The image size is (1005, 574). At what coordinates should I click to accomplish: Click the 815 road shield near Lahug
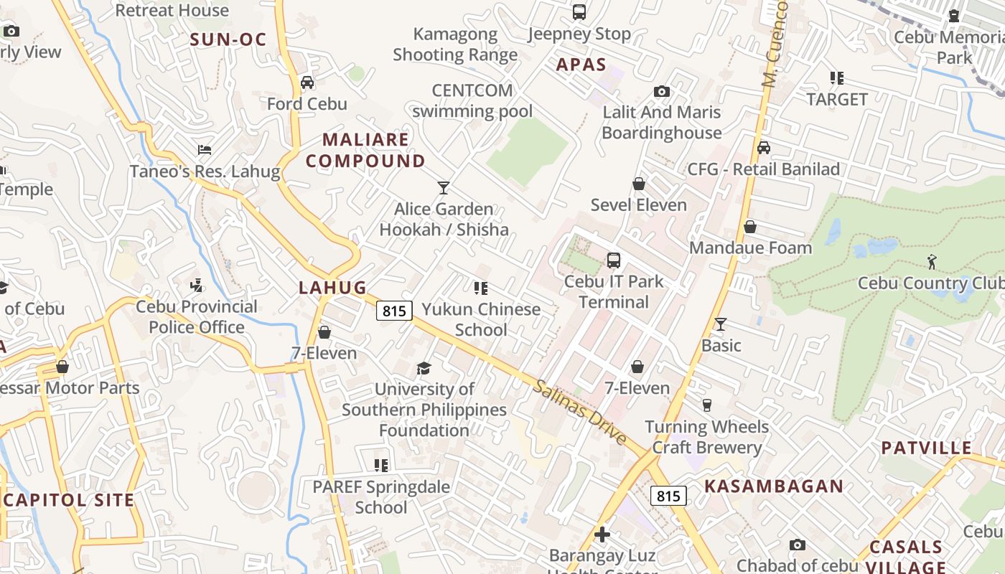point(394,311)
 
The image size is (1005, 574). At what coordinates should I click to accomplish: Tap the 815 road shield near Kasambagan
point(668,496)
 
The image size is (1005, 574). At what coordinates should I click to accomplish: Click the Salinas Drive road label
point(580,413)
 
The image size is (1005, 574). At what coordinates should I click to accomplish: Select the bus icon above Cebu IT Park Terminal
point(613,260)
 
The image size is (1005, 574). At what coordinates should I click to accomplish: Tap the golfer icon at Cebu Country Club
point(932,262)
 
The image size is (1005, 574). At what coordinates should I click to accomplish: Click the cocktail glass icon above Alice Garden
point(444,188)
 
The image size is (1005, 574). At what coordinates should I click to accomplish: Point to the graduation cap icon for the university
point(424,369)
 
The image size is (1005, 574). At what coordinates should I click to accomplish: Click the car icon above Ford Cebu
point(307,83)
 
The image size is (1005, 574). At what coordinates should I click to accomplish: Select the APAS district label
point(581,65)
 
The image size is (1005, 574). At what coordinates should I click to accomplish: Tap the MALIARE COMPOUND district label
point(365,150)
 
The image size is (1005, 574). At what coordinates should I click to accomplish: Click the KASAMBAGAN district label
point(774,486)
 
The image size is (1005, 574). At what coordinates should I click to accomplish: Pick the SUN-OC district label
point(228,39)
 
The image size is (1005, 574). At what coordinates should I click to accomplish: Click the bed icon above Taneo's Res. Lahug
point(205,150)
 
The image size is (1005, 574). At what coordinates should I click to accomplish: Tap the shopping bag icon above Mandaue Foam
point(750,227)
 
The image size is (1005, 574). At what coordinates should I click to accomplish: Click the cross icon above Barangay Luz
point(602,535)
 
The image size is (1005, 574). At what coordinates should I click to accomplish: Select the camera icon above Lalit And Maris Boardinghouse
point(662,92)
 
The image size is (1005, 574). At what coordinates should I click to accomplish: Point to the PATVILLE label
point(926,448)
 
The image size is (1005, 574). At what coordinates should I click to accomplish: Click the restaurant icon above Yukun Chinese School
point(481,288)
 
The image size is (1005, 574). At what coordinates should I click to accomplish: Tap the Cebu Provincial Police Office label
point(197,317)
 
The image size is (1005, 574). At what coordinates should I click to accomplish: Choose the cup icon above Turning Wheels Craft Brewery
point(706,405)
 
